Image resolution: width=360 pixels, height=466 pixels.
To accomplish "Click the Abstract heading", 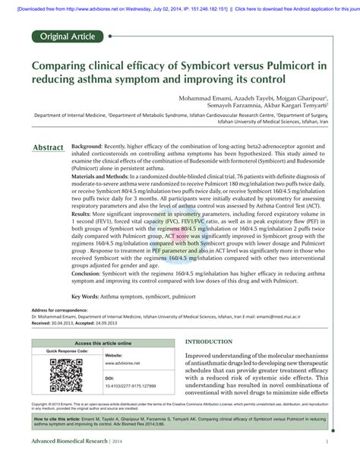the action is click(x=48, y=146).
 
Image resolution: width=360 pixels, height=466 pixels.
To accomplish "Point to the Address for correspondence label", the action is click(x=60, y=311).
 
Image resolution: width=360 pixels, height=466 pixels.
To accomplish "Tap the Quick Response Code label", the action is click(x=67, y=351).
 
